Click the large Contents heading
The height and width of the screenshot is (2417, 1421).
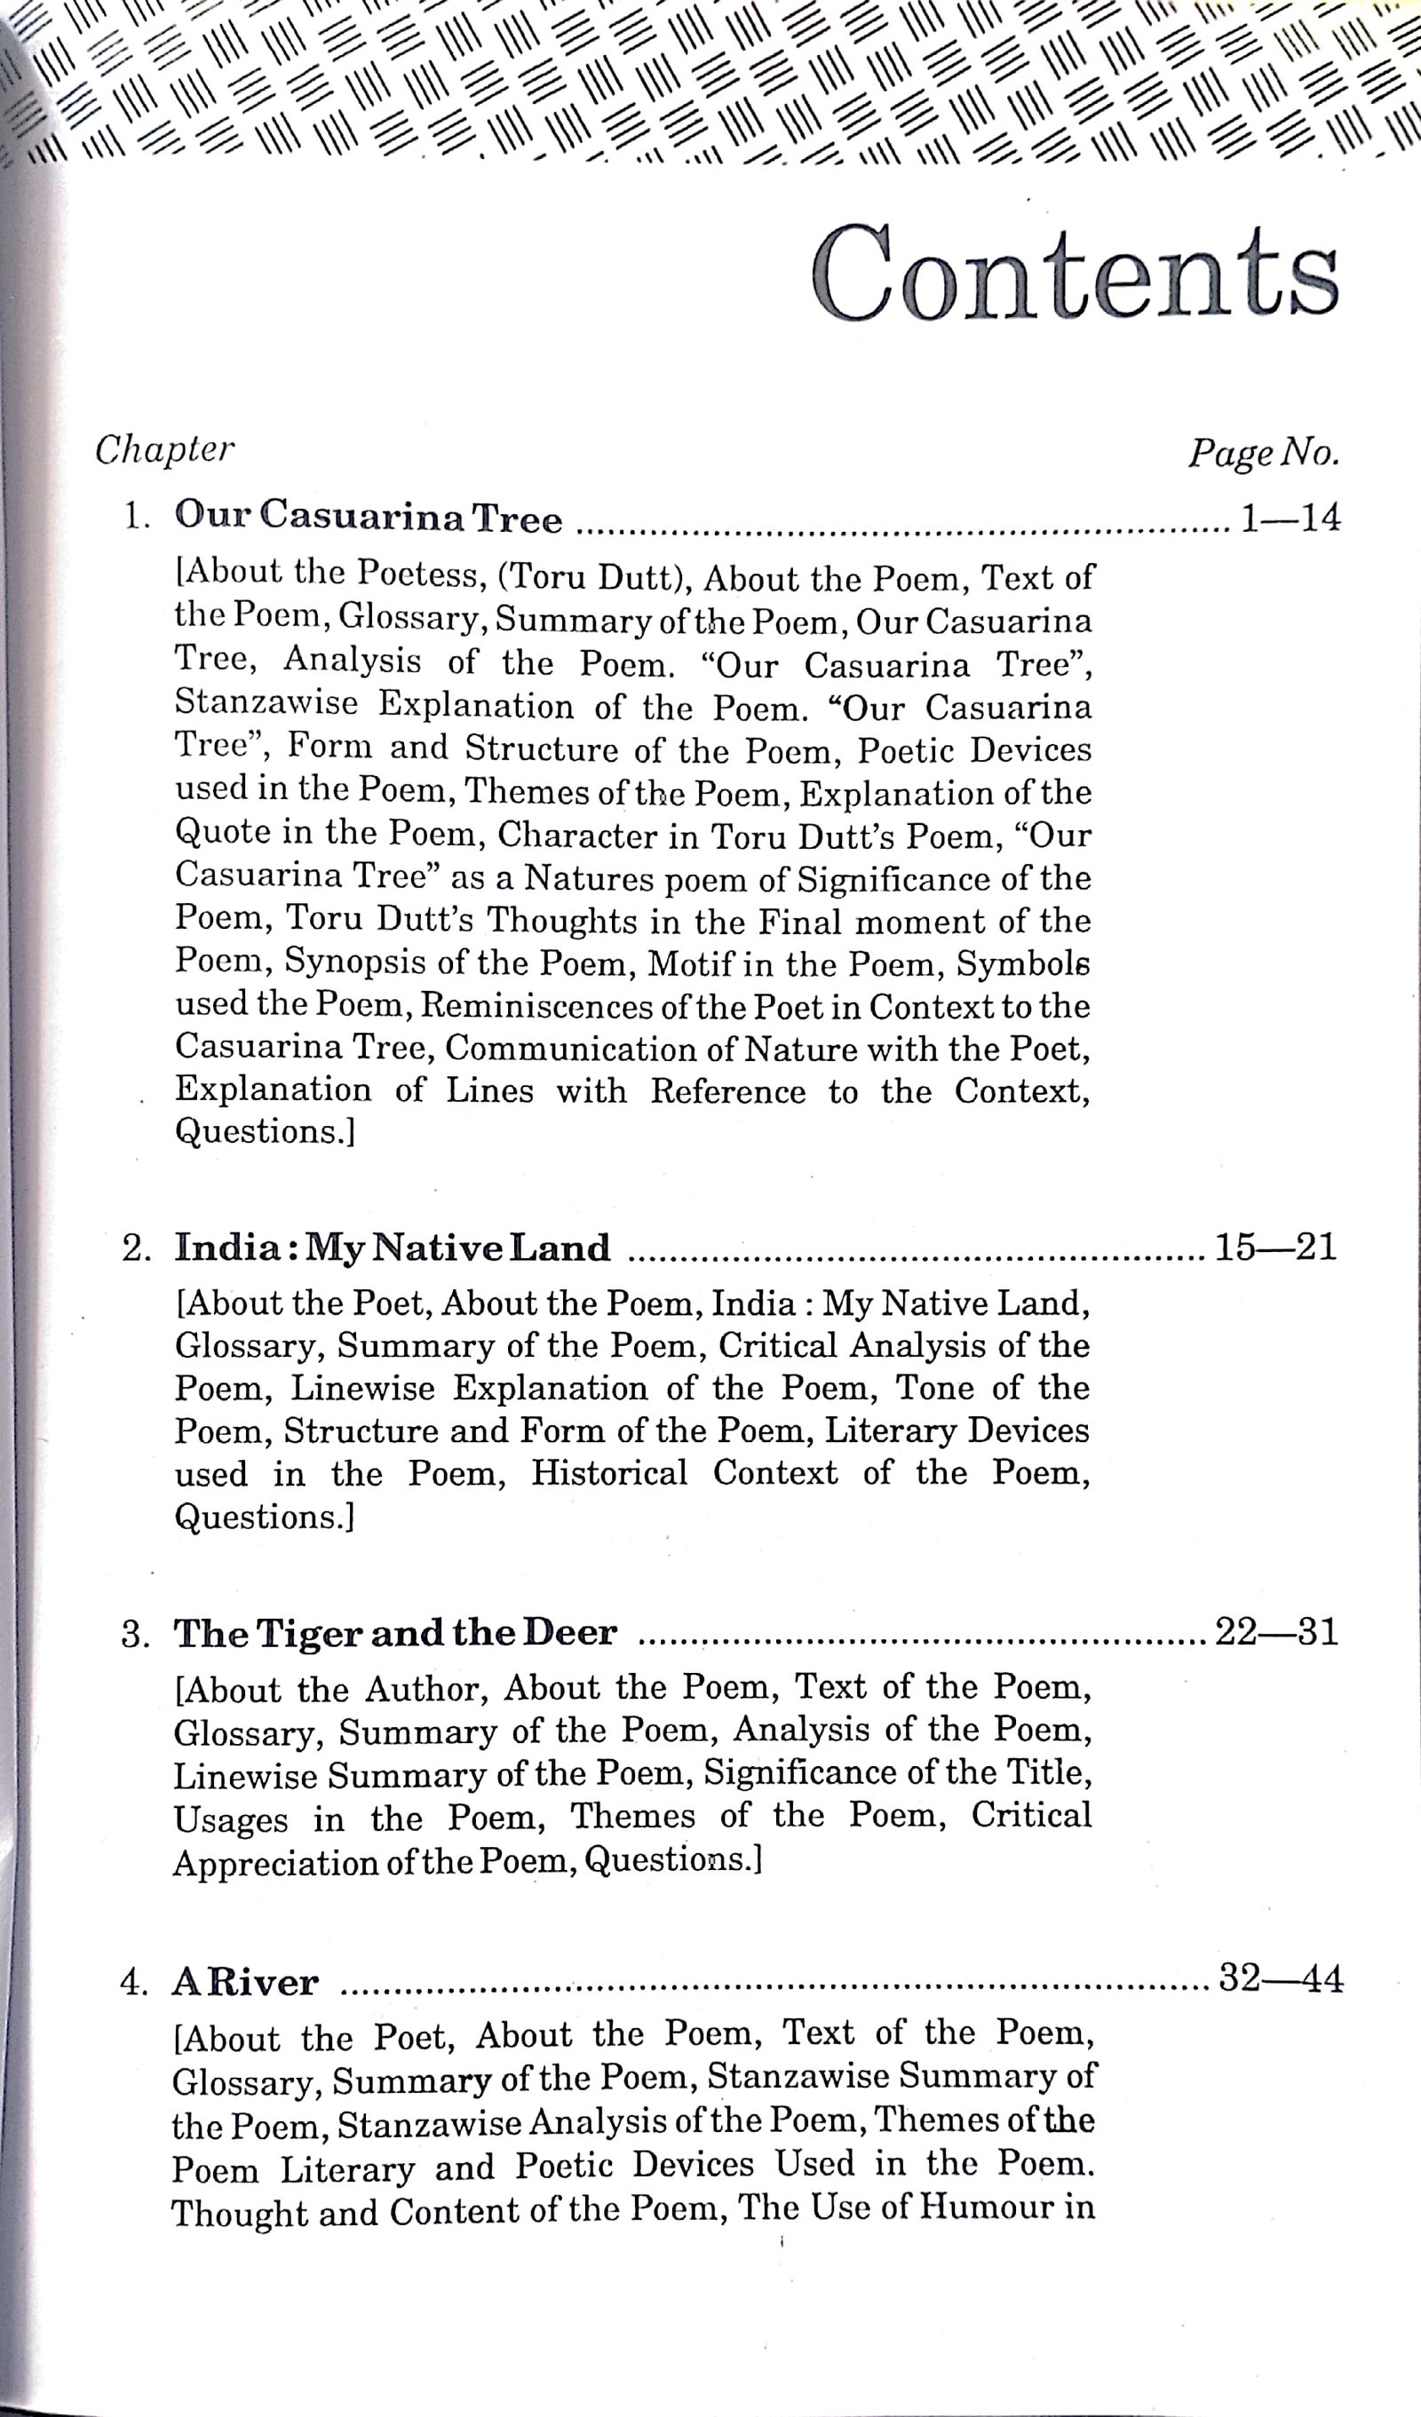1074,274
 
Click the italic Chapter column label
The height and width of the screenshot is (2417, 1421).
164,450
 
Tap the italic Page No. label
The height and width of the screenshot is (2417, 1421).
1263,452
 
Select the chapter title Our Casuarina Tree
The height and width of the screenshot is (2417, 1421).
369,517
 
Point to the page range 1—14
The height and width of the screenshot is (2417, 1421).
1290,518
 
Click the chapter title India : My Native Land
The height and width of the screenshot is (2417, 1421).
392,1248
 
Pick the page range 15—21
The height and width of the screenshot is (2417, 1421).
1275,1247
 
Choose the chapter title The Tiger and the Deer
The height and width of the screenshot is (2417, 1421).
394,1632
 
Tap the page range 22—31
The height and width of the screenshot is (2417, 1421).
1276,1631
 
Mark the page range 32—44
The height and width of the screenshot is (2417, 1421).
1280,1977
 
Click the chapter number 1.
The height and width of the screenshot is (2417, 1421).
134,518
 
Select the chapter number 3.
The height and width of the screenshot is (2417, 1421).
134,1635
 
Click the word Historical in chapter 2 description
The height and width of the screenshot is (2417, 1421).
609,1473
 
